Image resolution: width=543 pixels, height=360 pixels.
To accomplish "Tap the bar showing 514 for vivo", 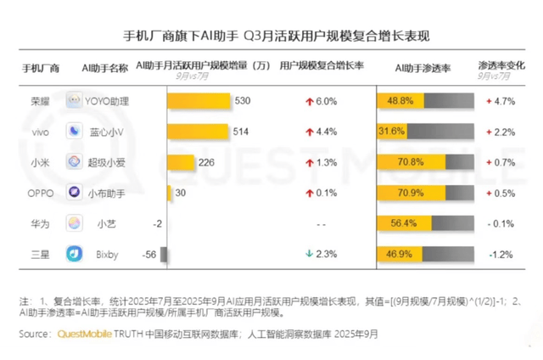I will [x=198, y=132].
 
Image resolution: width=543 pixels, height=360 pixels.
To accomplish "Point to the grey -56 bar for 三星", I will [x=165, y=254].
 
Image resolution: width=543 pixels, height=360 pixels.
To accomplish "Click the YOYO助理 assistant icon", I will [x=75, y=101].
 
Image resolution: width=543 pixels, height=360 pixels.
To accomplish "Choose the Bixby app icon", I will [x=75, y=254].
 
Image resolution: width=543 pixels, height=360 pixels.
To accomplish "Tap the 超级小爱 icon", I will [x=75, y=162].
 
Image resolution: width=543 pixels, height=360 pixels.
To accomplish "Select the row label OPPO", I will [x=40, y=193].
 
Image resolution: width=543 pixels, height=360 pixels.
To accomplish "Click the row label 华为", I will [x=40, y=223].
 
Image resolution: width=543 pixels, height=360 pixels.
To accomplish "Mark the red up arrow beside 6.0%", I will [x=311, y=101].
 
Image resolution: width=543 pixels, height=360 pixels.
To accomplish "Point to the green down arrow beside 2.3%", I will [x=311, y=254].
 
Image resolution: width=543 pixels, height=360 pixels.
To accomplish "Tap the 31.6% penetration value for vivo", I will [x=391, y=132].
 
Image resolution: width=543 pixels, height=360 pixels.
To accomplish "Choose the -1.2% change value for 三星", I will [x=501, y=254].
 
